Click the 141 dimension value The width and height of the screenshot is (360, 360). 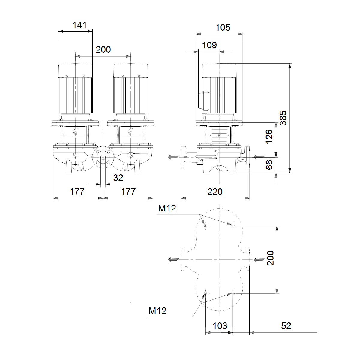[79, 25]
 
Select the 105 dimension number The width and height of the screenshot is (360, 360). [223, 28]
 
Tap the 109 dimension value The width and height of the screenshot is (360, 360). [209, 45]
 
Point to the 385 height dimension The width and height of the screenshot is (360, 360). [283, 118]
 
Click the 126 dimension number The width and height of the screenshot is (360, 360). [269, 136]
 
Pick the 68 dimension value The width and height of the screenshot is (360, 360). [269, 165]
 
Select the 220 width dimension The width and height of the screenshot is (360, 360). [215, 192]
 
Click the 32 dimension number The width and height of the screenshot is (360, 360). [118, 178]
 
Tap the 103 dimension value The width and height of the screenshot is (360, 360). [220, 326]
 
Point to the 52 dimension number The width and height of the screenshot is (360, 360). [286, 326]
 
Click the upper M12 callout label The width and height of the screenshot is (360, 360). [167, 208]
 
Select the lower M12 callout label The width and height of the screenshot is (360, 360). [157, 311]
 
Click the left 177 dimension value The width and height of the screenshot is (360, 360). [77, 191]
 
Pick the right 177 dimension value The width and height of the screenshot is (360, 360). [128, 191]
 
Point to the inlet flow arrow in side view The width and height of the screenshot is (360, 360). [259, 157]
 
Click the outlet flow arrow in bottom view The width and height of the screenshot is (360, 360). [174, 259]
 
